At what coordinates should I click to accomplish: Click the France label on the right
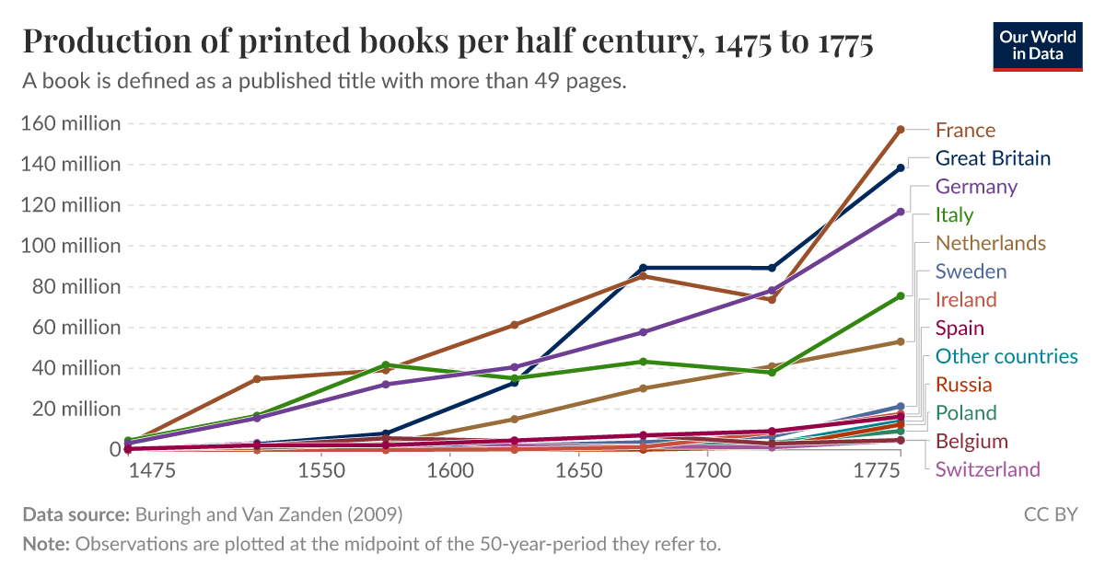965,130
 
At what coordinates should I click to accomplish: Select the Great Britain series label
993,158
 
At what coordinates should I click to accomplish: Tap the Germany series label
976,187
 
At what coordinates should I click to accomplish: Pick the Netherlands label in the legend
990,243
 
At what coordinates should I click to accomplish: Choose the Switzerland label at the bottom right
988,469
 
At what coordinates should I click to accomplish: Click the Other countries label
1006,356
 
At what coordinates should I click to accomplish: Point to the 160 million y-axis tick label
70,123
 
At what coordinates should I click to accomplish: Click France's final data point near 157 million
901,130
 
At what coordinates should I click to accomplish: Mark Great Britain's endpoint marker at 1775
901,168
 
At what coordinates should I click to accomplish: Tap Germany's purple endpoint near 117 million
901,212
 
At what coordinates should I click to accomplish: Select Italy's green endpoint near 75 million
901,295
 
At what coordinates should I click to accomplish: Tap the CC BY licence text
1050,514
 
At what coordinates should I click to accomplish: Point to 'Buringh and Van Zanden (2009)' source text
269,514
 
